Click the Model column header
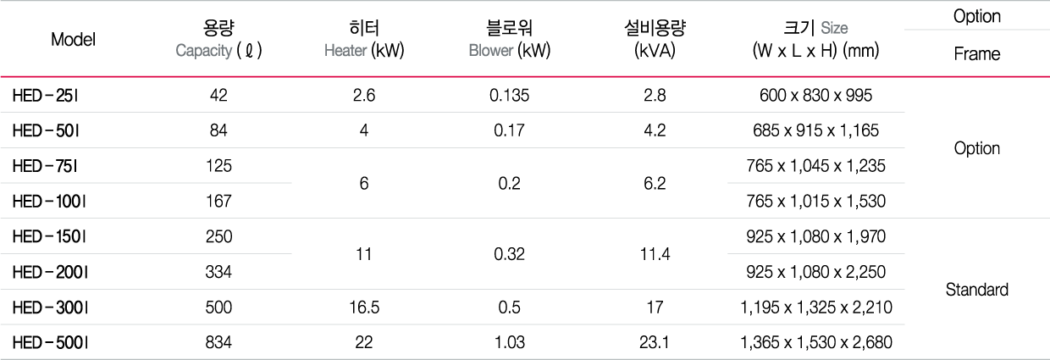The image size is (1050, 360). point(73,39)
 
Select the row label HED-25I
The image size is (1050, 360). point(45,96)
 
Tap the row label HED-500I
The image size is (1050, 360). point(50,343)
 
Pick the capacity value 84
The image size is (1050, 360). point(218,130)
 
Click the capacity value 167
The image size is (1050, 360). point(218,201)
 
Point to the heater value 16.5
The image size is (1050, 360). point(364,307)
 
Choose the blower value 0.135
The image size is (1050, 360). point(510,96)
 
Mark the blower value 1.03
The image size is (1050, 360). point(510,342)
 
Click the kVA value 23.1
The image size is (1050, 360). point(655,342)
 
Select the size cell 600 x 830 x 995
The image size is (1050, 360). point(815,96)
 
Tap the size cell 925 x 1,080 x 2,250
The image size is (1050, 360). point(815,272)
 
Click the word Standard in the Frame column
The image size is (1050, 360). point(977,290)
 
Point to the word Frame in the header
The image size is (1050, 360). point(977,54)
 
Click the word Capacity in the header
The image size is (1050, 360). point(204,51)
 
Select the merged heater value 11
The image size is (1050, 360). point(364,254)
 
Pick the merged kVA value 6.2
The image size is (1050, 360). point(655,183)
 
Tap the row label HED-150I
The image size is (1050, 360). point(49,236)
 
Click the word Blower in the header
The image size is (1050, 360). point(491,51)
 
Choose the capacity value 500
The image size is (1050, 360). point(218,307)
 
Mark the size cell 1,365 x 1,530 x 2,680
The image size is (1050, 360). point(815,343)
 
